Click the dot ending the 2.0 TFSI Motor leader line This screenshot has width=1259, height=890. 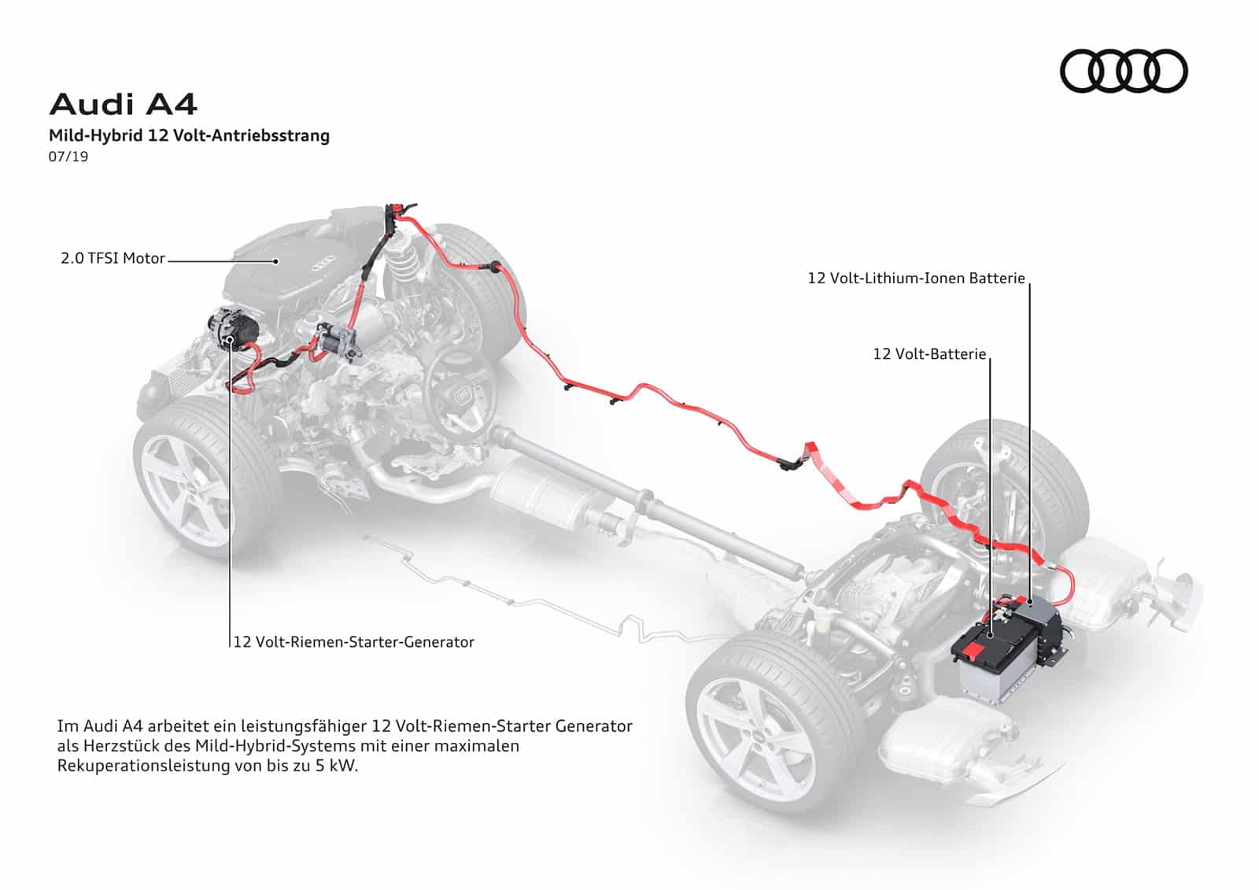click(x=276, y=261)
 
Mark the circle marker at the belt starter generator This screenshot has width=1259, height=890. click(x=230, y=339)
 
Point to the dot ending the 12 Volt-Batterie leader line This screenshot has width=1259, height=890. click(x=989, y=634)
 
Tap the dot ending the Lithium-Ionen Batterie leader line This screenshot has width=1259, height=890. click(x=1030, y=602)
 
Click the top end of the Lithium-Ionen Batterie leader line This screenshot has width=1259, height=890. click(x=1030, y=283)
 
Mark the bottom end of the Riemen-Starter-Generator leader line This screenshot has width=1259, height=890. click(x=231, y=648)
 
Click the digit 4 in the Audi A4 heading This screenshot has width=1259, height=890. click(x=186, y=105)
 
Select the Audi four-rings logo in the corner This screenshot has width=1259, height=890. click(x=1124, y=71)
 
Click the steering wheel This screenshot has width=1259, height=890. click(x=460, y=393)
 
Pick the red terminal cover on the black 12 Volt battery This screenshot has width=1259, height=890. click(x=977, y=654)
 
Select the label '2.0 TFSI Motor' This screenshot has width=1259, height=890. click(x=113, y=259)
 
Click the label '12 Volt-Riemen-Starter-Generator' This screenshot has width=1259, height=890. click(x=353, y=642)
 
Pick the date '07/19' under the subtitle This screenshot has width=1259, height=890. click(x=68, y=157)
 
